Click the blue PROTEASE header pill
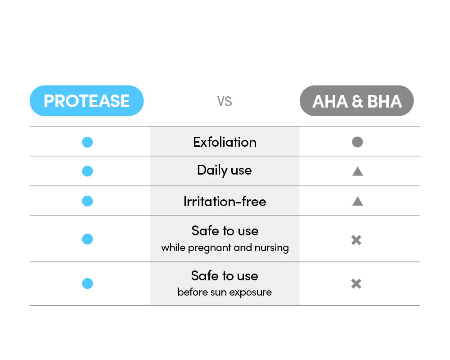click(x=87, y=101)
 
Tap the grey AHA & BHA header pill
click(x=357, y=101)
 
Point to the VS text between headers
click(x=225, y=101)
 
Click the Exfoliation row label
click(x=225, y=142)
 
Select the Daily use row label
click(x=225, y=171)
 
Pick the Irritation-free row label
click(x=225, y=201)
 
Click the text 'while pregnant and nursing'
click(x=225, y=248)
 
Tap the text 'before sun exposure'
click(x=225, y=292)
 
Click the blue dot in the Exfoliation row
click(x=87, y=142)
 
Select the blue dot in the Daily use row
click(x=87, y=171)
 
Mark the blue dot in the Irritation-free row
click(x=87, y=201)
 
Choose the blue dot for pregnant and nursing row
click(x=87, y=239)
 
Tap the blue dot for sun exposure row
click(x=87, y=283)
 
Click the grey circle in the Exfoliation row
click(x=357, y=142)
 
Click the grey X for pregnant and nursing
click(x=356, y=240)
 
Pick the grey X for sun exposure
click(x=356, y=284)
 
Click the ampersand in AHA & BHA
click(x=357, y=102)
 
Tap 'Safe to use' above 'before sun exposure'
click(x=225, y=276)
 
